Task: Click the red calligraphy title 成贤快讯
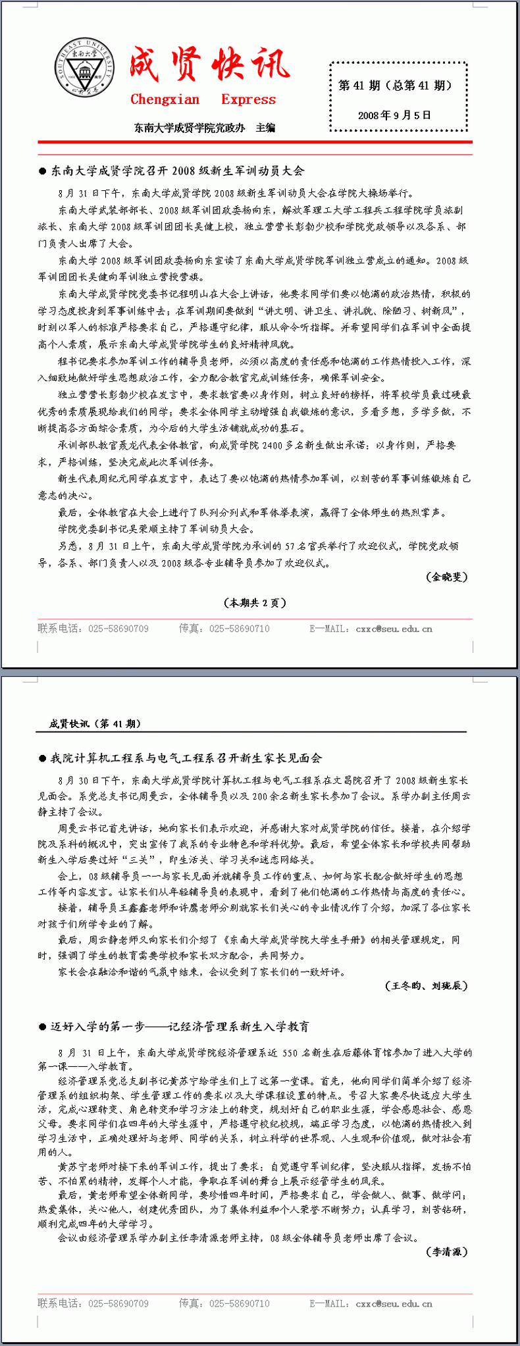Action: (x=209, y=65)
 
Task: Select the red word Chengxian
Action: (x=165, y=99)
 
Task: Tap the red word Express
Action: (x=248, y=99)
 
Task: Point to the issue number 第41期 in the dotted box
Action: (x=359, y=86)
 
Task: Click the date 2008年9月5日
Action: (x=394, y=115)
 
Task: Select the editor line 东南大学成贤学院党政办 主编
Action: (x=205, y=128)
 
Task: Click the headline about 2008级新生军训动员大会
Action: (x=177, y=171)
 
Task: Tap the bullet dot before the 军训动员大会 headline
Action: (x=43, y=171)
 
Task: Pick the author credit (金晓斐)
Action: (x=447, y=577)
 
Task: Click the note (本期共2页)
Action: (x=255, y=602)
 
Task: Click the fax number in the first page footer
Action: (x=240, y=629)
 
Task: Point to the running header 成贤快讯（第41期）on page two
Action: (x=95, y=723)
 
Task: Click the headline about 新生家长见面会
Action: (x=186, y=758)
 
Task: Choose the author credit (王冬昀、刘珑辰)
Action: (x=426, y=985)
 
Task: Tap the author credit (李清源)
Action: (x=447, y=1251)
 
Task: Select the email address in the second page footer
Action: (x=394, y=1303)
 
